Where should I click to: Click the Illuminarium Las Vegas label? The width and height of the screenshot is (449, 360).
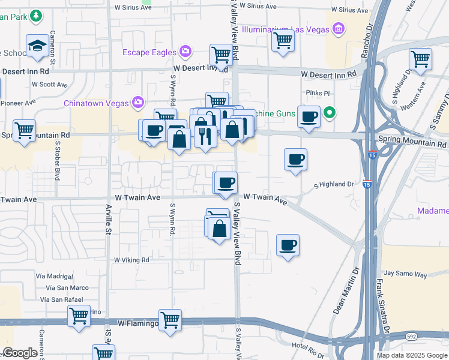[x=286, y=29]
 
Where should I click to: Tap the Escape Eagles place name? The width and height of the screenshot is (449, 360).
[x=149, y=52]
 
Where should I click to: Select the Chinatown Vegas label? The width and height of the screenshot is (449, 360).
[x=96, y=103]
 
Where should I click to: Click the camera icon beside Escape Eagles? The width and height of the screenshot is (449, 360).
[x=186, y=52]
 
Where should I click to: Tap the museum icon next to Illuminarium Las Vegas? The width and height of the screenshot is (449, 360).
[x=338, y=29]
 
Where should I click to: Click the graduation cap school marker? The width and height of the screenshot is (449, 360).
[x=37, y=46]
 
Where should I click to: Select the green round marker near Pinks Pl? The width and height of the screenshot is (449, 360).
[x=329, y=112]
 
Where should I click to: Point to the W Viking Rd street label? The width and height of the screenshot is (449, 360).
[x=131, y=260]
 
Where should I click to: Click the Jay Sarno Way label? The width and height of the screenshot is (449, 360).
[x=405, y=274]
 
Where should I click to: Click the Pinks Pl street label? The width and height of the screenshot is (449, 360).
[x=318, y=93]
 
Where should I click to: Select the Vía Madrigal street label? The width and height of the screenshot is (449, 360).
[x=54, y=275]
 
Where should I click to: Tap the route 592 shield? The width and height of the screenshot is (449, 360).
[x=411, y=336]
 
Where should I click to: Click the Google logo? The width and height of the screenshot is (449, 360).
[x=20, y=353]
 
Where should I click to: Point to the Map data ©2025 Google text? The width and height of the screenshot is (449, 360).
[x=412, y=355]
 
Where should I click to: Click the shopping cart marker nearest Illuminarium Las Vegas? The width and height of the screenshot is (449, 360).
[x=282, y=41]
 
